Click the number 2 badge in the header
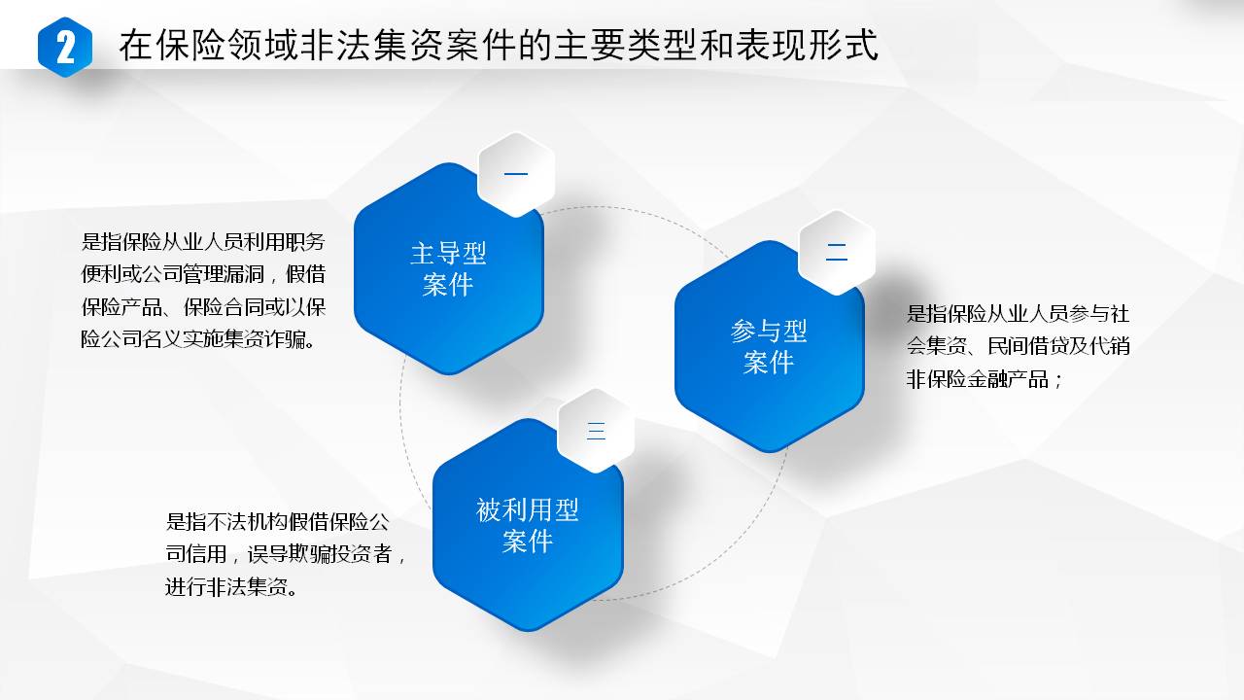(65, 48)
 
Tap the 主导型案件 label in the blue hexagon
(448, 269)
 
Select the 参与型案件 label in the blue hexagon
(769, 347)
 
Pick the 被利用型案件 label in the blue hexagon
(528, 525)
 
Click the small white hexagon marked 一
(516, 174)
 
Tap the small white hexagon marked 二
(837, 252)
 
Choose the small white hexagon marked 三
(596, 431)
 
